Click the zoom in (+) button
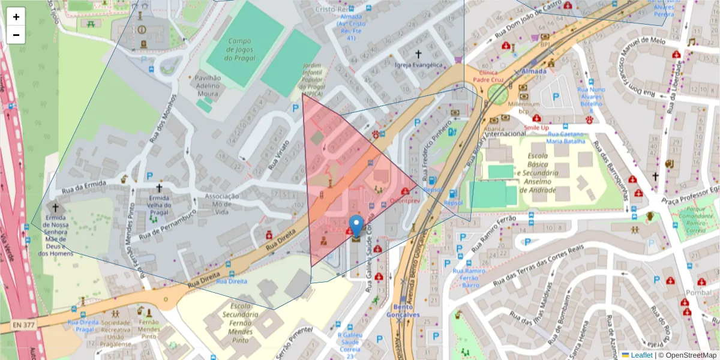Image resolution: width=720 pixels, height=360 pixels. pos(16,17)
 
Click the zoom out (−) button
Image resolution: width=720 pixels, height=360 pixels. pos(16,35)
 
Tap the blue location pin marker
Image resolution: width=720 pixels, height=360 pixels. pos(356,227)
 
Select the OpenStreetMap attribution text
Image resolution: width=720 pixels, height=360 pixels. pos(687,355)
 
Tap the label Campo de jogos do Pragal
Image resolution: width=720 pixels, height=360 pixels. pos(239,50)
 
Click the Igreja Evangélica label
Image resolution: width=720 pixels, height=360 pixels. pos(418,65)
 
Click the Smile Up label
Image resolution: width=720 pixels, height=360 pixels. pos(536,128)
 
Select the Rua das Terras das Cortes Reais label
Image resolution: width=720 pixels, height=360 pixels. pos(538,265)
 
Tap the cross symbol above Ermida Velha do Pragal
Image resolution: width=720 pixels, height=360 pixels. pos(159,188)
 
